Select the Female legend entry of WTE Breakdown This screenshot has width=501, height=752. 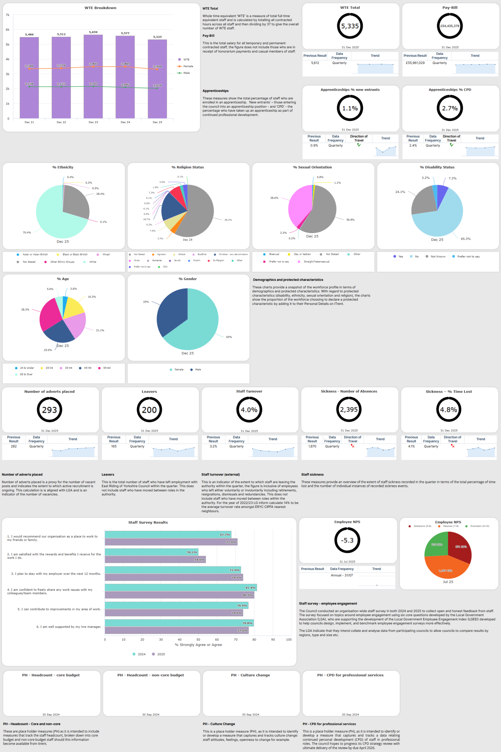click(x=188, y=66)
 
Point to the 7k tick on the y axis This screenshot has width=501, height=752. click(x=7, y=15)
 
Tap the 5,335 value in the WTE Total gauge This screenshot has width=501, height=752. click(x=350, y=26)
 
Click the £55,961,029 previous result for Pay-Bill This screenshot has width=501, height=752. click(x=415, y=63)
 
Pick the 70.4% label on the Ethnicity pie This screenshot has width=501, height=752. click(x=27, y=232)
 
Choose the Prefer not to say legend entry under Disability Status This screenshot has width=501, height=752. click(x=468, y=256)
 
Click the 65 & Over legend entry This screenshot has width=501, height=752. click(x=26, y=374)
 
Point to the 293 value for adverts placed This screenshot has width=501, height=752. click(x=50, y=410)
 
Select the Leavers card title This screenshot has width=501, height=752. click(x=149, y=392)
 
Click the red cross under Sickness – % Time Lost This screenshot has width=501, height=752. click(x=453, y=446)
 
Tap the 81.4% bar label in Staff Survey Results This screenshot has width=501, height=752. click(x=250, y=587)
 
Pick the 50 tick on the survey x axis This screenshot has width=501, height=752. click(x=198, y=639)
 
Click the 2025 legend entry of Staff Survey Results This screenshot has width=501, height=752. click(x=161, y=654)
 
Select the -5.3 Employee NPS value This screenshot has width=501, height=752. click(x=347, y=540)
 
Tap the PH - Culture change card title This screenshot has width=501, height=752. click(x=251, y=675)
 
